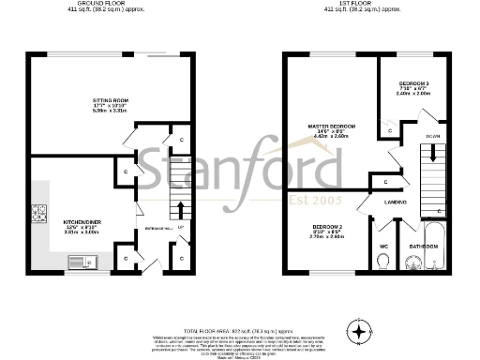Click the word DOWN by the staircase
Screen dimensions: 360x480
tap(432, 136)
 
